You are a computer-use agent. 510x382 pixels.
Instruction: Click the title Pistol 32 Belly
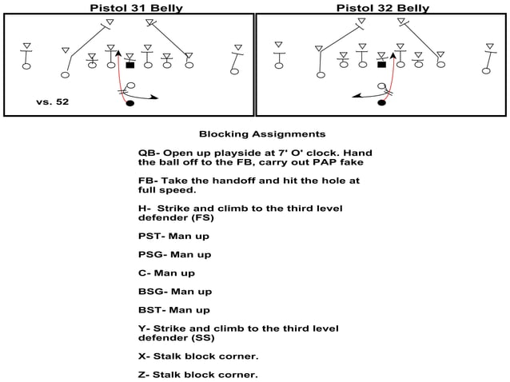point(382,7)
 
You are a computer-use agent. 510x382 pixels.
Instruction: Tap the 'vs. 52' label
point(53,102)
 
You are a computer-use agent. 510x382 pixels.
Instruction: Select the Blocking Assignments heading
point(261,133)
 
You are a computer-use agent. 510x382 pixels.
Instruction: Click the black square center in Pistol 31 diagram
point(130,65)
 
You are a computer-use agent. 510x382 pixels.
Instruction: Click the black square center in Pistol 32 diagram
point(382,65)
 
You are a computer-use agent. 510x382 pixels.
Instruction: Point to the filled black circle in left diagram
point(130,103)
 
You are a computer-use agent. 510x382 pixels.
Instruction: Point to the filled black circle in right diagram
point(382,103)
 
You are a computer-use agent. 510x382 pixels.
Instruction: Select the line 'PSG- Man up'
point(174,254)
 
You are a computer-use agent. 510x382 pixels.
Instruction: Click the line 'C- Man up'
point(166,273)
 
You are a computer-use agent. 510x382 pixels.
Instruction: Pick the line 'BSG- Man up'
point(174,292)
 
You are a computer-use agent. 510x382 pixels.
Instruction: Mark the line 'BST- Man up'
point(174,310)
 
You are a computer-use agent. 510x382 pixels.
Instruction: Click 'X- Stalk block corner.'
point(198,356)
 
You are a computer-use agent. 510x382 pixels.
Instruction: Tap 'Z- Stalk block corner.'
point(198,374)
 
